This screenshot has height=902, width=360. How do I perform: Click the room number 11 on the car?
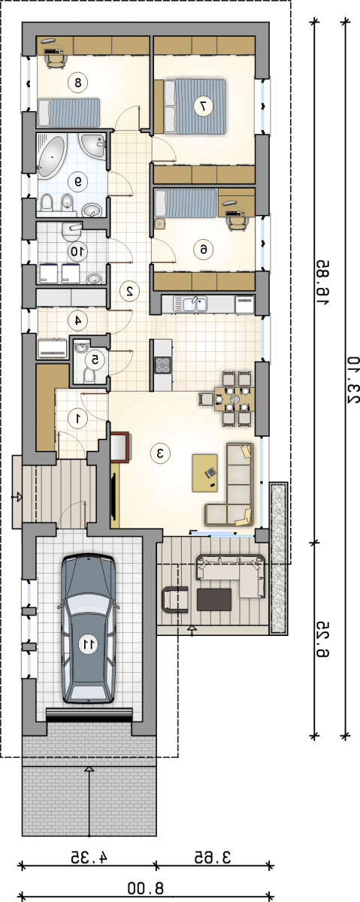88,645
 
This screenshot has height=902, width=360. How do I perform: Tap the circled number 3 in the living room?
160,453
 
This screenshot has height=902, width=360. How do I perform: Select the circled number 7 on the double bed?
203,106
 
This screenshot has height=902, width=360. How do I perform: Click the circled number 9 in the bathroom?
78,182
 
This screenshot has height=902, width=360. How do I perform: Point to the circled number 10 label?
77,251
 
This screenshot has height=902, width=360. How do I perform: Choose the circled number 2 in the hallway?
130,291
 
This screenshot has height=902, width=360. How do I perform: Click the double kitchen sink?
190,304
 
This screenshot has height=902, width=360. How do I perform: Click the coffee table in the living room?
205,473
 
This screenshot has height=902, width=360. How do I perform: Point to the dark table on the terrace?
214,600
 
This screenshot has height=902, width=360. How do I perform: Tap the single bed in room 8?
68,112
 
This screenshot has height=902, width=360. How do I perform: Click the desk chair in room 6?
237,222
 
